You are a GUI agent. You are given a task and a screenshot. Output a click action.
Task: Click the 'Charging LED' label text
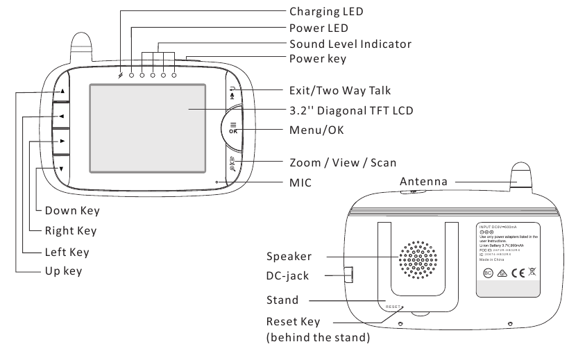pyautogui.click(x=325, y=12)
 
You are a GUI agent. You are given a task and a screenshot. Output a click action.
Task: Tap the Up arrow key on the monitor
pyautogui.click(x=62, y=91)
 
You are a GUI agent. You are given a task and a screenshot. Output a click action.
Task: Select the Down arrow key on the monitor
pyautogui.click(x=62, y=169)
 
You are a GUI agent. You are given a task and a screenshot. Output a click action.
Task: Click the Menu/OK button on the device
pyautogui.click(x=234, y=128)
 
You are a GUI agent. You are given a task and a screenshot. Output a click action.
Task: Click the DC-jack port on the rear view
pyautogui.click(x=348, y=275)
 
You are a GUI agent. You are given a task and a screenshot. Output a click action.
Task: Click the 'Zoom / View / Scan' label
pyautogui.click(x=342, y=162)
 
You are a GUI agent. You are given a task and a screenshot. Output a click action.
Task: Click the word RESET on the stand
pyautogui.click(x=394, y=305)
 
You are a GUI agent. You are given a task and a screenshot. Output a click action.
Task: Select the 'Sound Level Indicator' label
pyautogui.click(x=350, y=44)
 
